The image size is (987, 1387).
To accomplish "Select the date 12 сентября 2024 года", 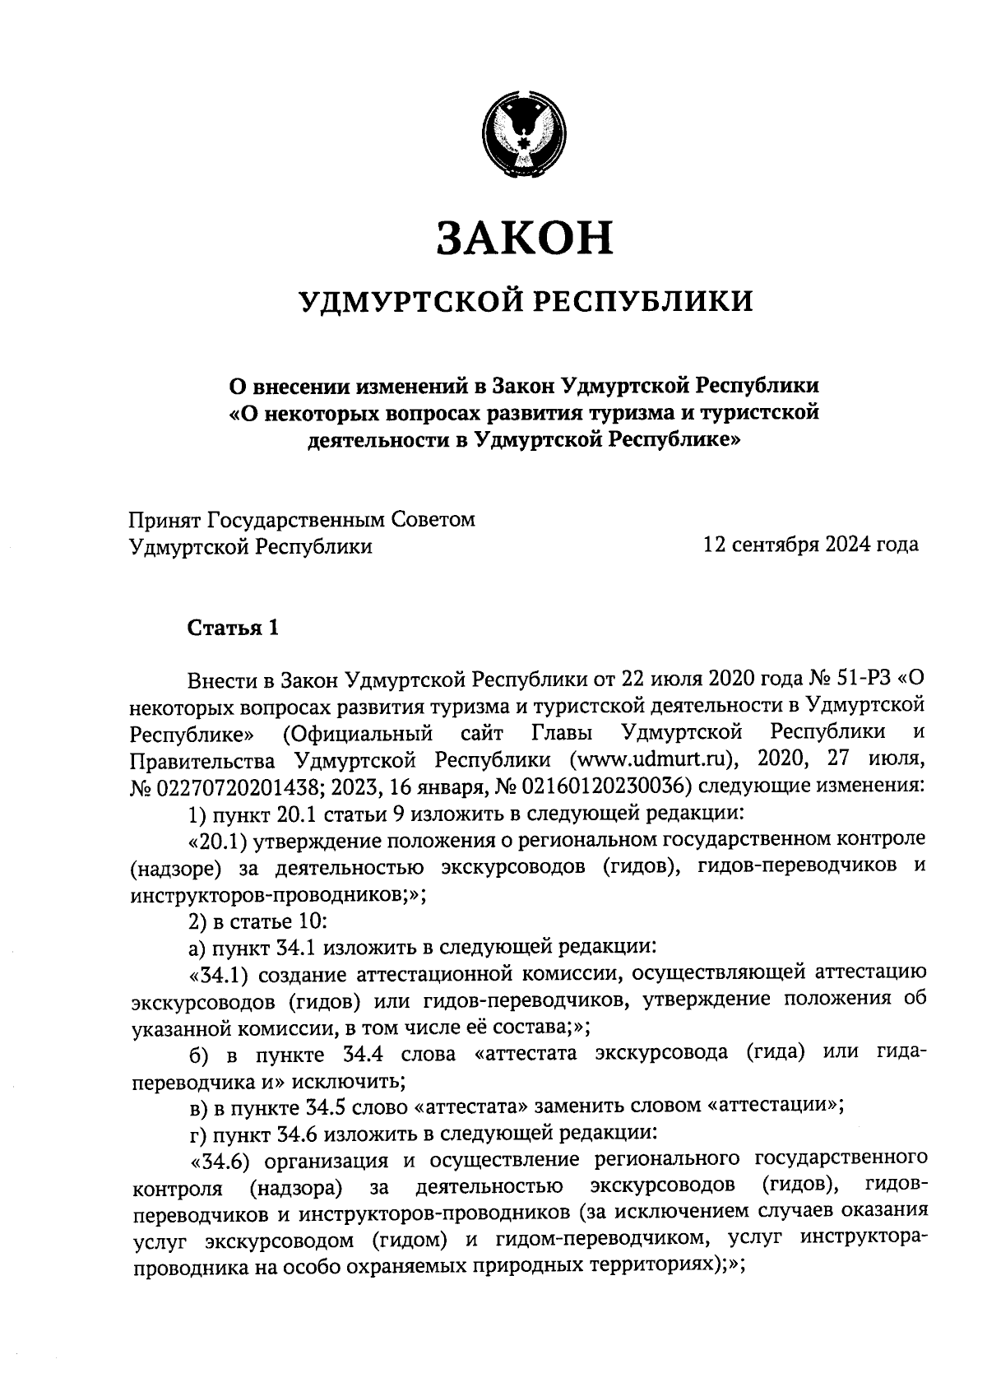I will tap(809, 545).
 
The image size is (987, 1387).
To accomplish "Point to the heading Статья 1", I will tap(234, 629).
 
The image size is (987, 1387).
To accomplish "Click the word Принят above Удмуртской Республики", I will tap(165, 520).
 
